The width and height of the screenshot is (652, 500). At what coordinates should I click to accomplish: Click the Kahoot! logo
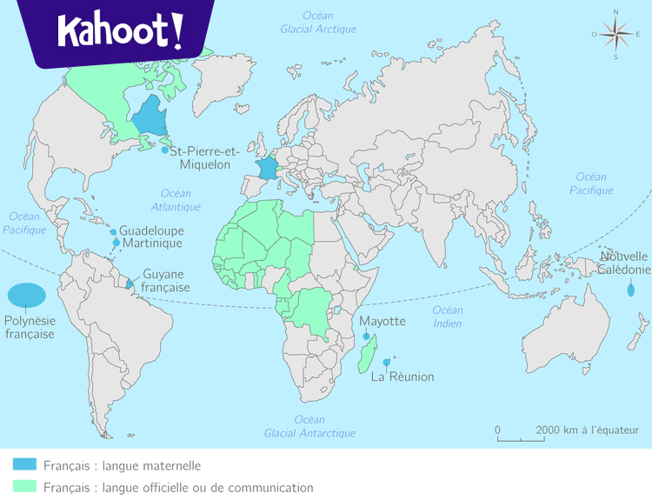[x=120, y=31]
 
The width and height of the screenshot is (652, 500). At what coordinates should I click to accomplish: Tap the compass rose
[x=615, y=35]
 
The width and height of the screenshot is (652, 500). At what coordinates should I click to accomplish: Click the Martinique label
[x=152, y=243]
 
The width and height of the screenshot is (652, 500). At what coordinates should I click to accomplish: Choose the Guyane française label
[x=166, y=280]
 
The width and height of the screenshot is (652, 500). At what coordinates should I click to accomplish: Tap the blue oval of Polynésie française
[x=28, y=296]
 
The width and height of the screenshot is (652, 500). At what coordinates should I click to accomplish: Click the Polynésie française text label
[x=30, y=328]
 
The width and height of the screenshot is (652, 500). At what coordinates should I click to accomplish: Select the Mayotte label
[x=383, y=321]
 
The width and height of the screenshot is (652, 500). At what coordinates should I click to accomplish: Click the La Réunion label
[x=403, y=377]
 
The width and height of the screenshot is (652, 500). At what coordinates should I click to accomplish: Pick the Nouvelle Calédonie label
[x=624, y=263]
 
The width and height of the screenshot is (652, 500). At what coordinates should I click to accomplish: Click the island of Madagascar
[x=368, y=357]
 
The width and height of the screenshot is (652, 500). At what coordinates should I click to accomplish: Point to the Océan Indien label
[x=448, y=317]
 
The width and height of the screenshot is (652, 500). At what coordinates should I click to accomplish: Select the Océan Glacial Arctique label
[x=318, y=22]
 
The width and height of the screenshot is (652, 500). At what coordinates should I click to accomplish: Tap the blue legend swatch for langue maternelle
[x=24, y=465]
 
